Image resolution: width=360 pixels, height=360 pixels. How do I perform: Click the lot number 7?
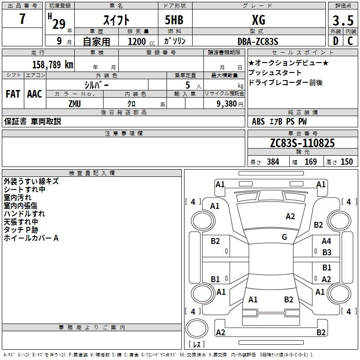[22, 20]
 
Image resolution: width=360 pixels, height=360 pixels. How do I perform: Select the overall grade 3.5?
[342, 20]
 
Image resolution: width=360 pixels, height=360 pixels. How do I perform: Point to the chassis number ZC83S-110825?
[302, 144]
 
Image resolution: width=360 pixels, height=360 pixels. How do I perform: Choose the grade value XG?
[258, 20]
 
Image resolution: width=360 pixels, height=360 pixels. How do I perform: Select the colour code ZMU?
[74, 104]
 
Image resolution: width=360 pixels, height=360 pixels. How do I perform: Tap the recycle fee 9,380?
[226, 104]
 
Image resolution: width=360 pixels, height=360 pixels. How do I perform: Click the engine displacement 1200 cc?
[137, 41]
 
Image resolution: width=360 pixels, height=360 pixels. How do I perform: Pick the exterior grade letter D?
[335, 41]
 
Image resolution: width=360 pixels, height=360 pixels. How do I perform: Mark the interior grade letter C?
[351, 41]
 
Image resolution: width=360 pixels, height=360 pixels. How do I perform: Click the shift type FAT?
[13, 94]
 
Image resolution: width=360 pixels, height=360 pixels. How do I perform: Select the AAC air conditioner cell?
[35, 94]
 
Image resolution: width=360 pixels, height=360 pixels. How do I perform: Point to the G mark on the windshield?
[284, 237]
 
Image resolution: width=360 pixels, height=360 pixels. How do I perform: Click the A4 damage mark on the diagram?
[326, 241]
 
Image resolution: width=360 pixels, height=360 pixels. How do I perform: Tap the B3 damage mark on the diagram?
[327, 252]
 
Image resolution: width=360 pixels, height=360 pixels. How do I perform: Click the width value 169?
[310, 162]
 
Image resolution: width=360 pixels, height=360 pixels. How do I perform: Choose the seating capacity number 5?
[187, 85]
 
